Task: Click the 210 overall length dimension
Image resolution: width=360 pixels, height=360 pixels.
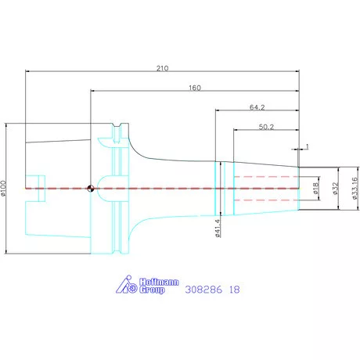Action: pos(162,68)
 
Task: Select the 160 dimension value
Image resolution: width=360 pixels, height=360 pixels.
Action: pos(195,88)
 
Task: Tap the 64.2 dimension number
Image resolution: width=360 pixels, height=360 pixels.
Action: pos(257,107)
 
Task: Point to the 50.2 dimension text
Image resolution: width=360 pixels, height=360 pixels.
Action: pos(266,127)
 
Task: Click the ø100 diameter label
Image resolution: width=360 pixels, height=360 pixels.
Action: pos(3,188)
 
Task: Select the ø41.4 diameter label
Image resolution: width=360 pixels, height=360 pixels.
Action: pos(218,229)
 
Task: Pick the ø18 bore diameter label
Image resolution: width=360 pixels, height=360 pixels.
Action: pos(315,189)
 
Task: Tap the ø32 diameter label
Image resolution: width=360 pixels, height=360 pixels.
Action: pos(335,189)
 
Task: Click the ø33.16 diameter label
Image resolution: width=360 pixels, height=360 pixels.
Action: pos(355,189)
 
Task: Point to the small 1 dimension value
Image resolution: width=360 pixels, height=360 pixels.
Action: pos(307,146)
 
